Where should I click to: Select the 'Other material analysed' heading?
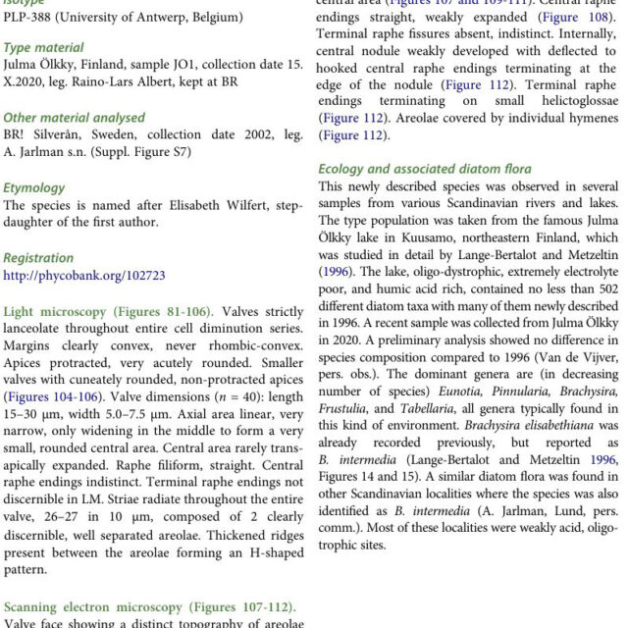[x=75, y=117]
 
